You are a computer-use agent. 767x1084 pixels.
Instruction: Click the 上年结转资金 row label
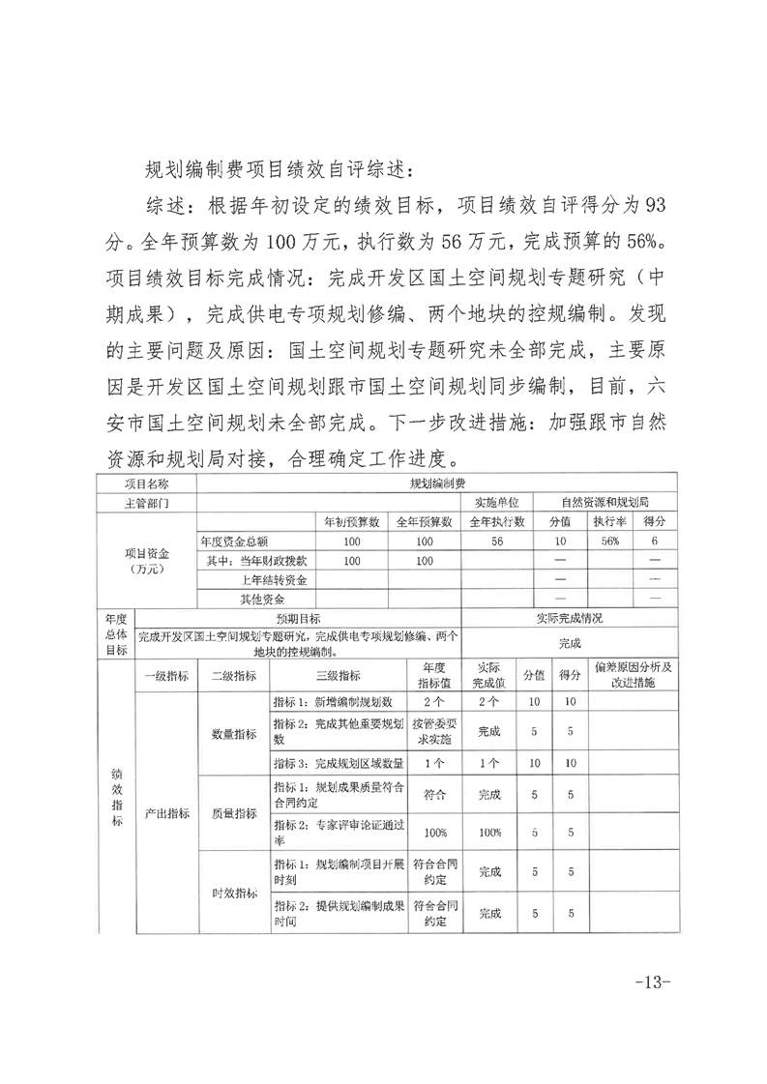click(274, 580)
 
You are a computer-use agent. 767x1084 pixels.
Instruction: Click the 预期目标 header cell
click(298, 618)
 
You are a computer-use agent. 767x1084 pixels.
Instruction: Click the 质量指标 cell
click(233, 813)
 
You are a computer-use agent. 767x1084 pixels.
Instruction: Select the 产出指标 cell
click(165, 813)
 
